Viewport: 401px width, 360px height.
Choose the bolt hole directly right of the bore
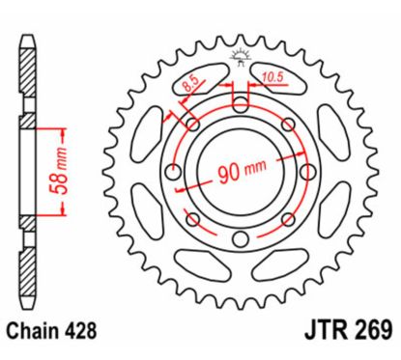(x=305, y=173)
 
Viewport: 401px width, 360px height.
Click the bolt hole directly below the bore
(x=239, y=239)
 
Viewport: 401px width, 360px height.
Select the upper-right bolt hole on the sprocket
(x=286, y=125)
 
